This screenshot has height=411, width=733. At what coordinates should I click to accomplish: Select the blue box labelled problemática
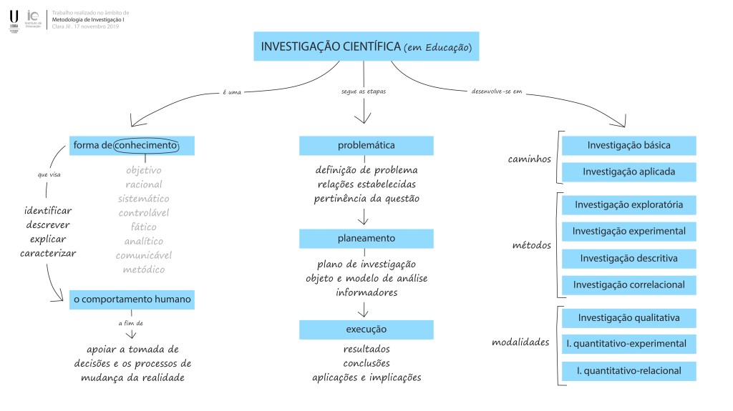(366, 146)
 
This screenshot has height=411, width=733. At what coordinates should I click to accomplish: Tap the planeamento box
(366, 238)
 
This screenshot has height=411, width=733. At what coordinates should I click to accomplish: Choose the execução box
(366, 330)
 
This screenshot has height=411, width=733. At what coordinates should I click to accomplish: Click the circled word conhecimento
(146, 146)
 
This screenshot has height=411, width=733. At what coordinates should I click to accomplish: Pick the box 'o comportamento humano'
(132, 299)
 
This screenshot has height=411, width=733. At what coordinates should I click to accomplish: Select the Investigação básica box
(628, 145)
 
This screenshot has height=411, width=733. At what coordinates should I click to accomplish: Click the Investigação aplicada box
(628, 172)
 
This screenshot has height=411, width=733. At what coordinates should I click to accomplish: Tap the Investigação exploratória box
(628, 205)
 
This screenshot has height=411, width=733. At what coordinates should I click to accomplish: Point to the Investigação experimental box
(628, 232)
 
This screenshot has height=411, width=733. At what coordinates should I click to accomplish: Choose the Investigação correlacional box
(628, 285)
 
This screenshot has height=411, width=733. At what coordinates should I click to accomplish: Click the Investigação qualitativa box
(628, 317)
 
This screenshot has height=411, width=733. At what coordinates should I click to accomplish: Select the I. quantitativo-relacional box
(628, 371)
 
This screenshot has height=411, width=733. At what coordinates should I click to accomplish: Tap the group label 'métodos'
(532, 245)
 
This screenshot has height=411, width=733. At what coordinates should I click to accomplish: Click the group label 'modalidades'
(520, 342)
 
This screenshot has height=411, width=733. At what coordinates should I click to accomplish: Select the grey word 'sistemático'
(144, 199)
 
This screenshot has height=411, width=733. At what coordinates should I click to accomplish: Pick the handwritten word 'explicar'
(48, 239)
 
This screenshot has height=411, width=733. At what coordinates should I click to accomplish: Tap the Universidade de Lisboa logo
(14, 21)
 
